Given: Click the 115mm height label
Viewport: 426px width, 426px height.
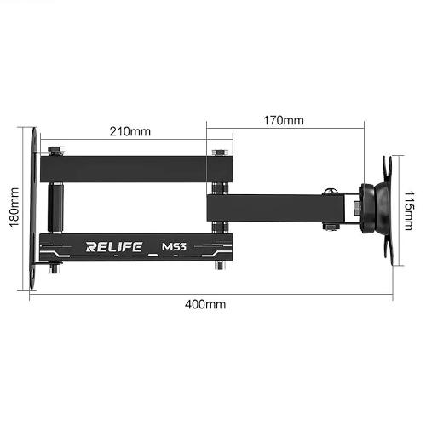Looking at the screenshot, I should point(409,205).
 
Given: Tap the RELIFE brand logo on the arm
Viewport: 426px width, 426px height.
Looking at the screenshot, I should point(114,248).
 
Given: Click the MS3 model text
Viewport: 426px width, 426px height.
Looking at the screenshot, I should point(175,248).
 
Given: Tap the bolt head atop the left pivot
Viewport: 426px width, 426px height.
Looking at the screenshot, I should point(56,149).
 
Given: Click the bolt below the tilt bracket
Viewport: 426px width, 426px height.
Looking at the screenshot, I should point(330,226).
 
